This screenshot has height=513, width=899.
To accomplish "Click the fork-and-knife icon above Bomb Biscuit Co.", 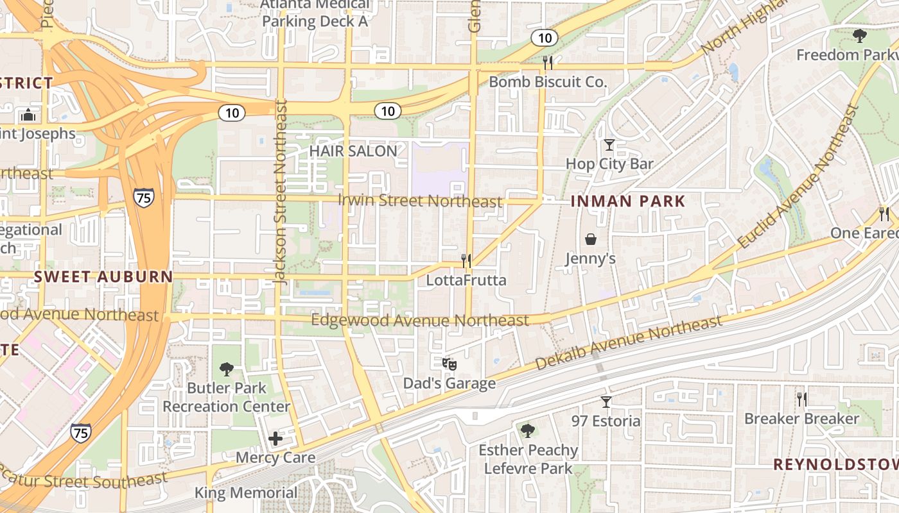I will [x=547, y=62].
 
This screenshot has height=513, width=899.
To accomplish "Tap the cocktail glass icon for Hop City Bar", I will [x=609, y=145].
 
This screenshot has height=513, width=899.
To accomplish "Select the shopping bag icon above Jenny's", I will [x=590, y=239].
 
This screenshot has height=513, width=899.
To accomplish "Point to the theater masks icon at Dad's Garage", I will [x=449, y=364].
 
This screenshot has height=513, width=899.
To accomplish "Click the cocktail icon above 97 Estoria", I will [x=606, y=402].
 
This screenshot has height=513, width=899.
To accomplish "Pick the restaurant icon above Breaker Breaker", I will [x=801, y=399].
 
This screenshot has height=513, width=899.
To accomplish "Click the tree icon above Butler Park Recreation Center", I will [x=226, y=369].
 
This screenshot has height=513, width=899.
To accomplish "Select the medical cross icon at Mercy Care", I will [x=275, y=439].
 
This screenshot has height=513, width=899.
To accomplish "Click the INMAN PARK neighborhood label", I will [x=628, y=201].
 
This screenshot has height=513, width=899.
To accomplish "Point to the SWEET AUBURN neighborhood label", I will [x=103, y=277].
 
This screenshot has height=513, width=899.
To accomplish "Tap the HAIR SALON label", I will [x=353, y=151].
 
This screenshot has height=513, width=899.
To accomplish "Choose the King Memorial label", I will [x=246, y=493].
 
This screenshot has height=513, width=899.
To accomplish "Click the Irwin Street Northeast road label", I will [x=420, y=201].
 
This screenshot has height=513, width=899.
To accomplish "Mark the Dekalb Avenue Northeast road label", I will [x=629, y=343].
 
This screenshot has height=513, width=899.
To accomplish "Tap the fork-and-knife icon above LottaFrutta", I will [x=466, y=260].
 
